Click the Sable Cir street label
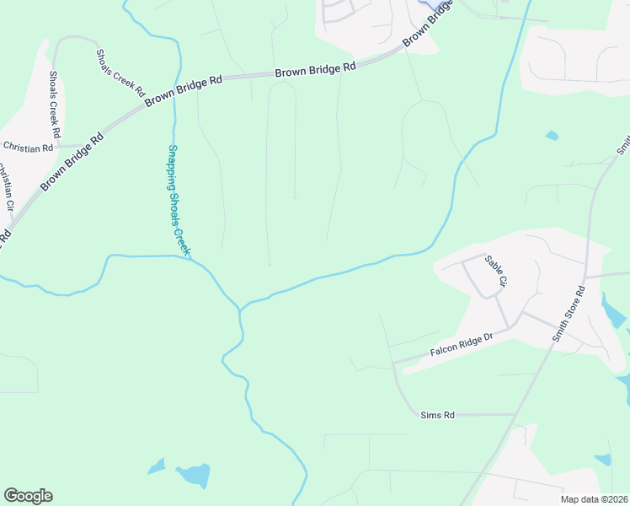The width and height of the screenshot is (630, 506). [x=494, y=272]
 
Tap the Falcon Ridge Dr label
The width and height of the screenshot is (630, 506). [x=461, y=344]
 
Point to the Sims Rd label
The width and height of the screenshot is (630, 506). [x=437, y=415]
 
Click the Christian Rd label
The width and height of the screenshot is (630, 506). [x=28, y=148]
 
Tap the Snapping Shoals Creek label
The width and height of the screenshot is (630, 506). [x=179, y=200]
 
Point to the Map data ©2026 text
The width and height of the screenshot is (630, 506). [x=594, y=499]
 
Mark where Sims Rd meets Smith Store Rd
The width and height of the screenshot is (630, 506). [x=515, y=414]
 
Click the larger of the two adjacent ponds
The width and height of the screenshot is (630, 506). [x=193, y=476]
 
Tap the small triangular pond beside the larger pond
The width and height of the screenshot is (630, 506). [x=157, y=466]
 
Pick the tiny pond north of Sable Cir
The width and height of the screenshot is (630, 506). [x=552, y=135]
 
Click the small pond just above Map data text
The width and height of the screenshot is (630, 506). [x=602, y=460]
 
